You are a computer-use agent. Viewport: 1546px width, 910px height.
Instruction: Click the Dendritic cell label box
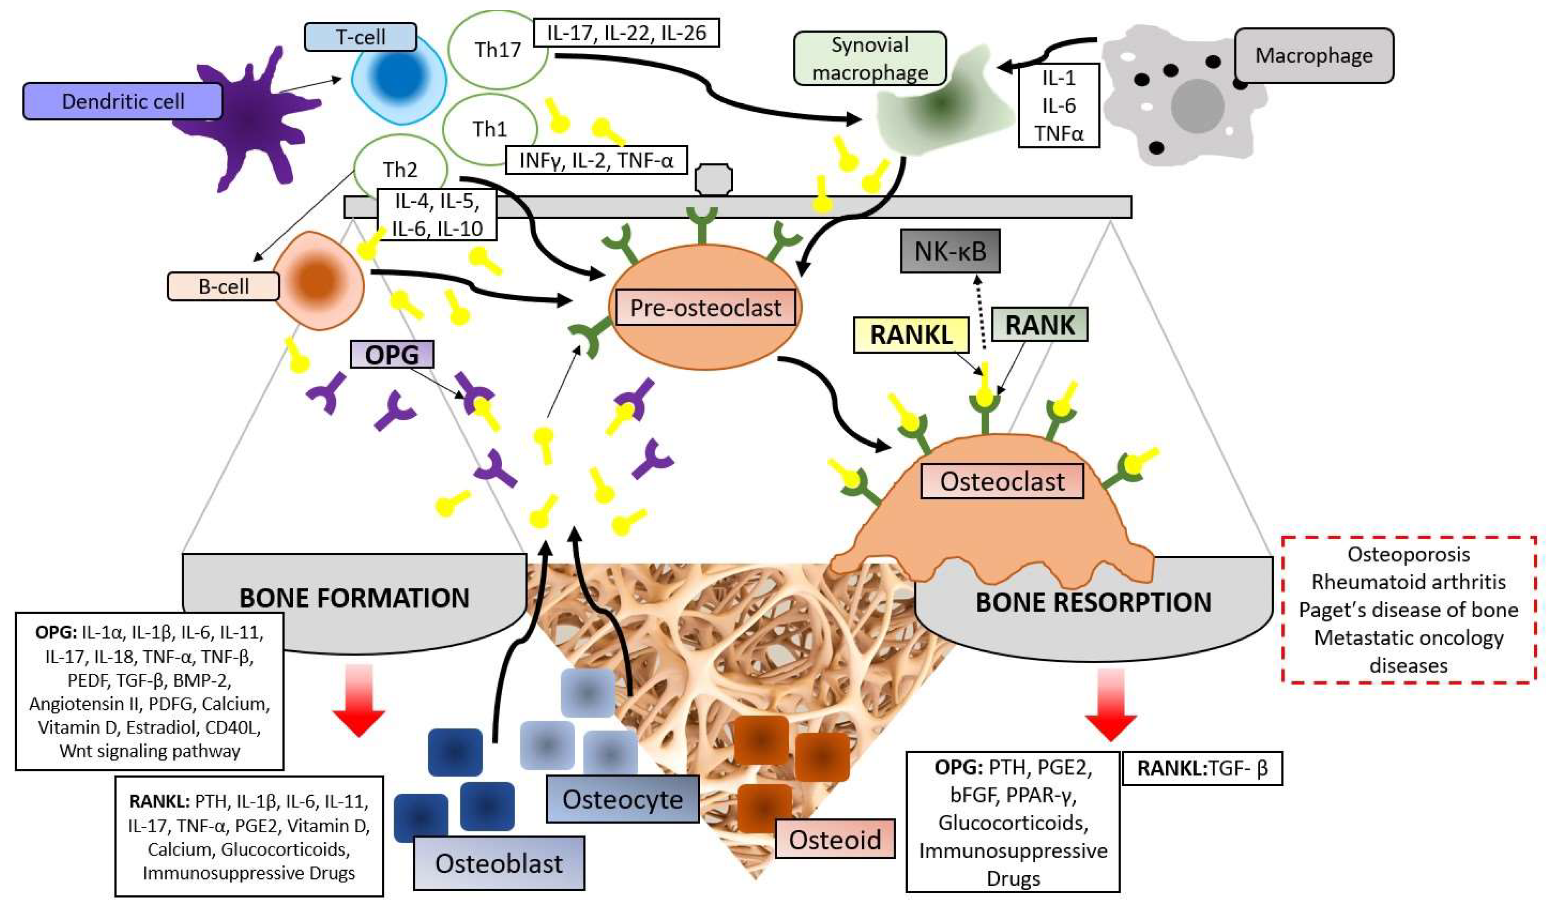point(123,101)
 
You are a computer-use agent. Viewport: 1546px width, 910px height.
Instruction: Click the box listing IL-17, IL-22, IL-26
point(626,33)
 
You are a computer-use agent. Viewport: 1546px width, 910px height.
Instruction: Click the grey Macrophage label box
point(1313,55)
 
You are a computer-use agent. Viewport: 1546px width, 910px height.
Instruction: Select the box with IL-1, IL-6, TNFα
point(1058,105)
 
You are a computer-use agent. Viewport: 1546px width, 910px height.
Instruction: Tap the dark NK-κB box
point(950,251)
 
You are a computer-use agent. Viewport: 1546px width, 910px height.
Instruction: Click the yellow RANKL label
point(911,335)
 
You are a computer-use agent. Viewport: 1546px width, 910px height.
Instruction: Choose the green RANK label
point(1040,325)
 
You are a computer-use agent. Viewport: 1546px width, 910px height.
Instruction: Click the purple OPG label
point(392,355)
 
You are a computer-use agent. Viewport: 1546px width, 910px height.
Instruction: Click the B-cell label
point(223,286)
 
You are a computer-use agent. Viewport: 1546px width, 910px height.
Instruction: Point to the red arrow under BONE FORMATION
point(358,702)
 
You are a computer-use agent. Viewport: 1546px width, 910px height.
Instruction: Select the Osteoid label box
point(834,839)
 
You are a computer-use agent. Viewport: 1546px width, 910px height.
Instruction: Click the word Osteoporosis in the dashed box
point(1408,555)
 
